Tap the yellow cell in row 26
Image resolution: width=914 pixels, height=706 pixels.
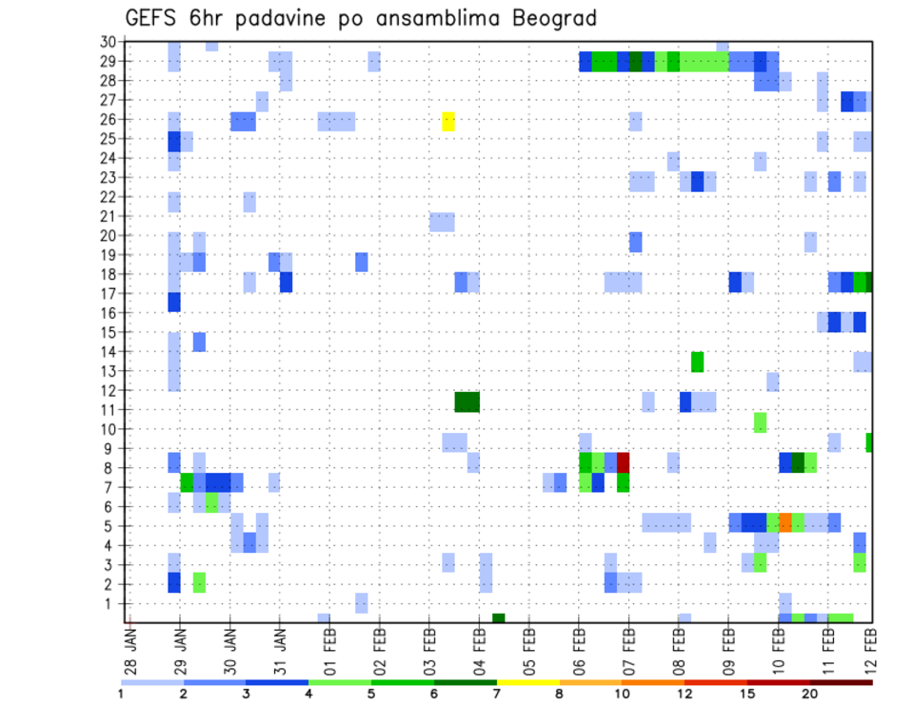(448, 121)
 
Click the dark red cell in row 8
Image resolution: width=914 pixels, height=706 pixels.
(623, 462)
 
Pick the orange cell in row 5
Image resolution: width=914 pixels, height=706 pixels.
(785, 521)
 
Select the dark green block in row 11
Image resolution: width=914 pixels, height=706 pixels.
(467, 402)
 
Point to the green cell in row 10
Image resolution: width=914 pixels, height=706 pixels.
(760, 422)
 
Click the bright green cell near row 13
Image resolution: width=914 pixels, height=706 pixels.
(697, 362)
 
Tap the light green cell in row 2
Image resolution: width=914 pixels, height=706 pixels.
(199, 582)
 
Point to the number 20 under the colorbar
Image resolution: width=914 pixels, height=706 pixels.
(810, 694)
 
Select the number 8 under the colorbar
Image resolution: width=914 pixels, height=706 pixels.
(560, 694)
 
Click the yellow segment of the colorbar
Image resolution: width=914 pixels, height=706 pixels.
(528, 681)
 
